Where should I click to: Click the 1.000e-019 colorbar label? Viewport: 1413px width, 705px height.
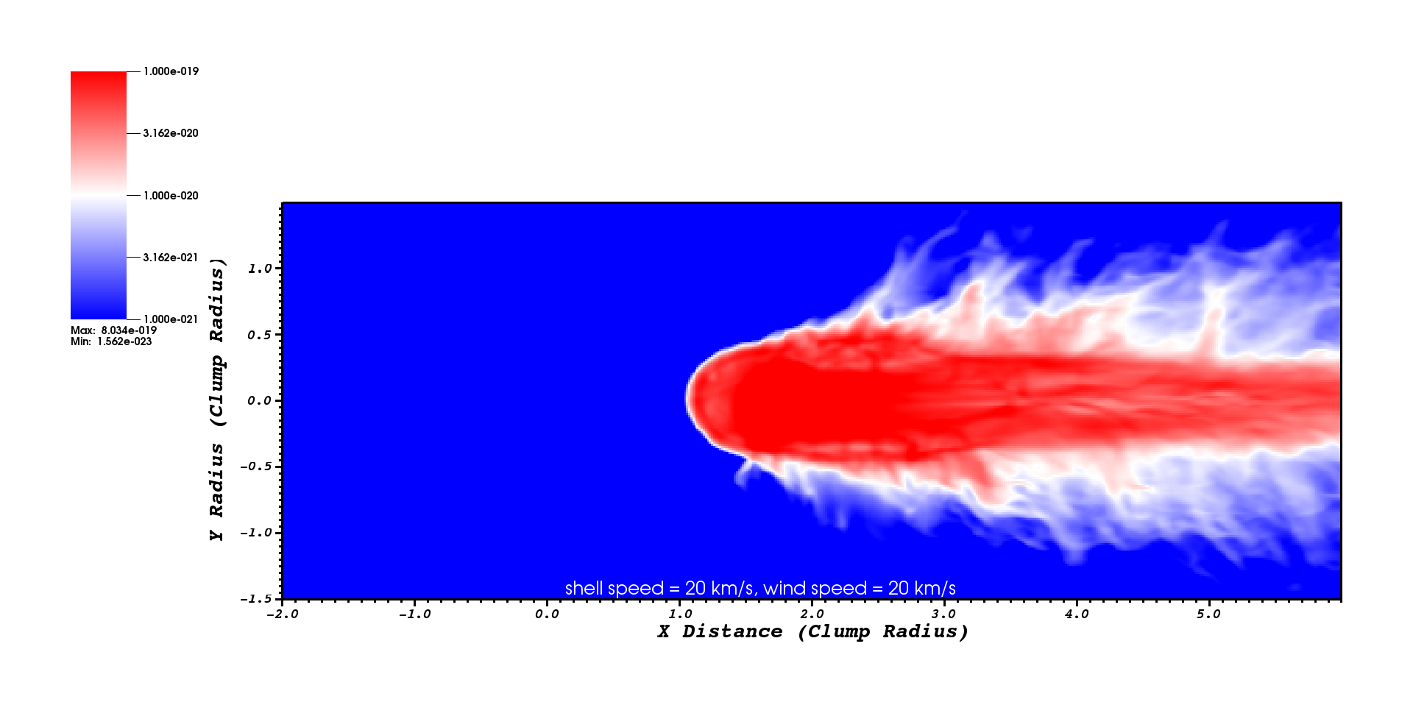(x=171, y=71)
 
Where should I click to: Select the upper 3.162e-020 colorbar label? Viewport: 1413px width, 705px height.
(x=171, y=133)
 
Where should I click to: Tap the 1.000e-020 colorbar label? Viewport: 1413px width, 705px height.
(x=171, y=196)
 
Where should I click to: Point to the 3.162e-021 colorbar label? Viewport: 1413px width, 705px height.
(x=171, y=258)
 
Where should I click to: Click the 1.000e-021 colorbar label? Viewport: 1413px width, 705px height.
(x=171, y=319)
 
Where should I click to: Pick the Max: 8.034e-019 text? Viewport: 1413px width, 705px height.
(x=114, y=330)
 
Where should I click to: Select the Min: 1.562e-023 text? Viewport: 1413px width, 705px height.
(x=111, y=341)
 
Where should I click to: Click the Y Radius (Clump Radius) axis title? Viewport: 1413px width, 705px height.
(x=217, y=400)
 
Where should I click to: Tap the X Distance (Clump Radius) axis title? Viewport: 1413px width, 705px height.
(x=812, y=631)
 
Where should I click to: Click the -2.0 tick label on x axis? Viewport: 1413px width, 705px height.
(x=282, y=614)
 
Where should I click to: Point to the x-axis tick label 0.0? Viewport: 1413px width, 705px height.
(x=547, y=614)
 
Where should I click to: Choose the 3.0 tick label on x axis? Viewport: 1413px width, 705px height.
(x=944, y=614)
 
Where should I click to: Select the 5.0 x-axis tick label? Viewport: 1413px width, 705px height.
(x=1208, y=614)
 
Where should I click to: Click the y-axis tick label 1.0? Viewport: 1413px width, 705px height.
(x=260, y=269)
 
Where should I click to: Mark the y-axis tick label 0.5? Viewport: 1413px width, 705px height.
(x=260, y=335)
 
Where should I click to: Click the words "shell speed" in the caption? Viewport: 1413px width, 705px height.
(x=615, y=589)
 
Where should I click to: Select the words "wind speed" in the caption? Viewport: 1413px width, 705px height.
(x=815, y=589)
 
